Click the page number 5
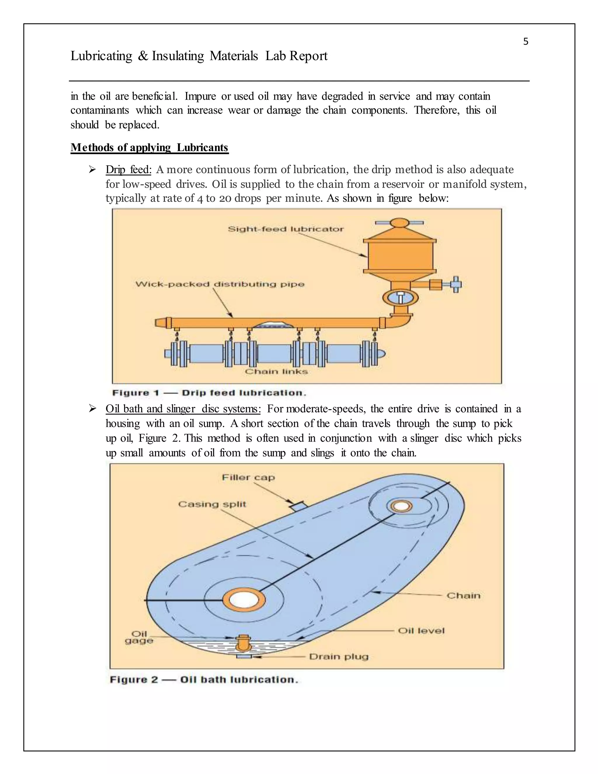point(525,42)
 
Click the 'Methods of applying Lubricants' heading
point(149,147)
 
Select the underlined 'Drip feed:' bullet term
point(128,170)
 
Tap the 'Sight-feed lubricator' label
point(286,229)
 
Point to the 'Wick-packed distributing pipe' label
point(220,284)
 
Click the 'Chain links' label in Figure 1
point(276,372)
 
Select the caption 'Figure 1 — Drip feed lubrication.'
point(209,393)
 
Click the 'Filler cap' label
point(248,477)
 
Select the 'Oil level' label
point(421,631)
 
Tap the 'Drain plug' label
point(339,657)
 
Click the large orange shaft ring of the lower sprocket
point(244,600)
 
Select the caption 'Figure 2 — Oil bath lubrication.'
point(204,680)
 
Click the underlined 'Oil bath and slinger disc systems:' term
point(183,409)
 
